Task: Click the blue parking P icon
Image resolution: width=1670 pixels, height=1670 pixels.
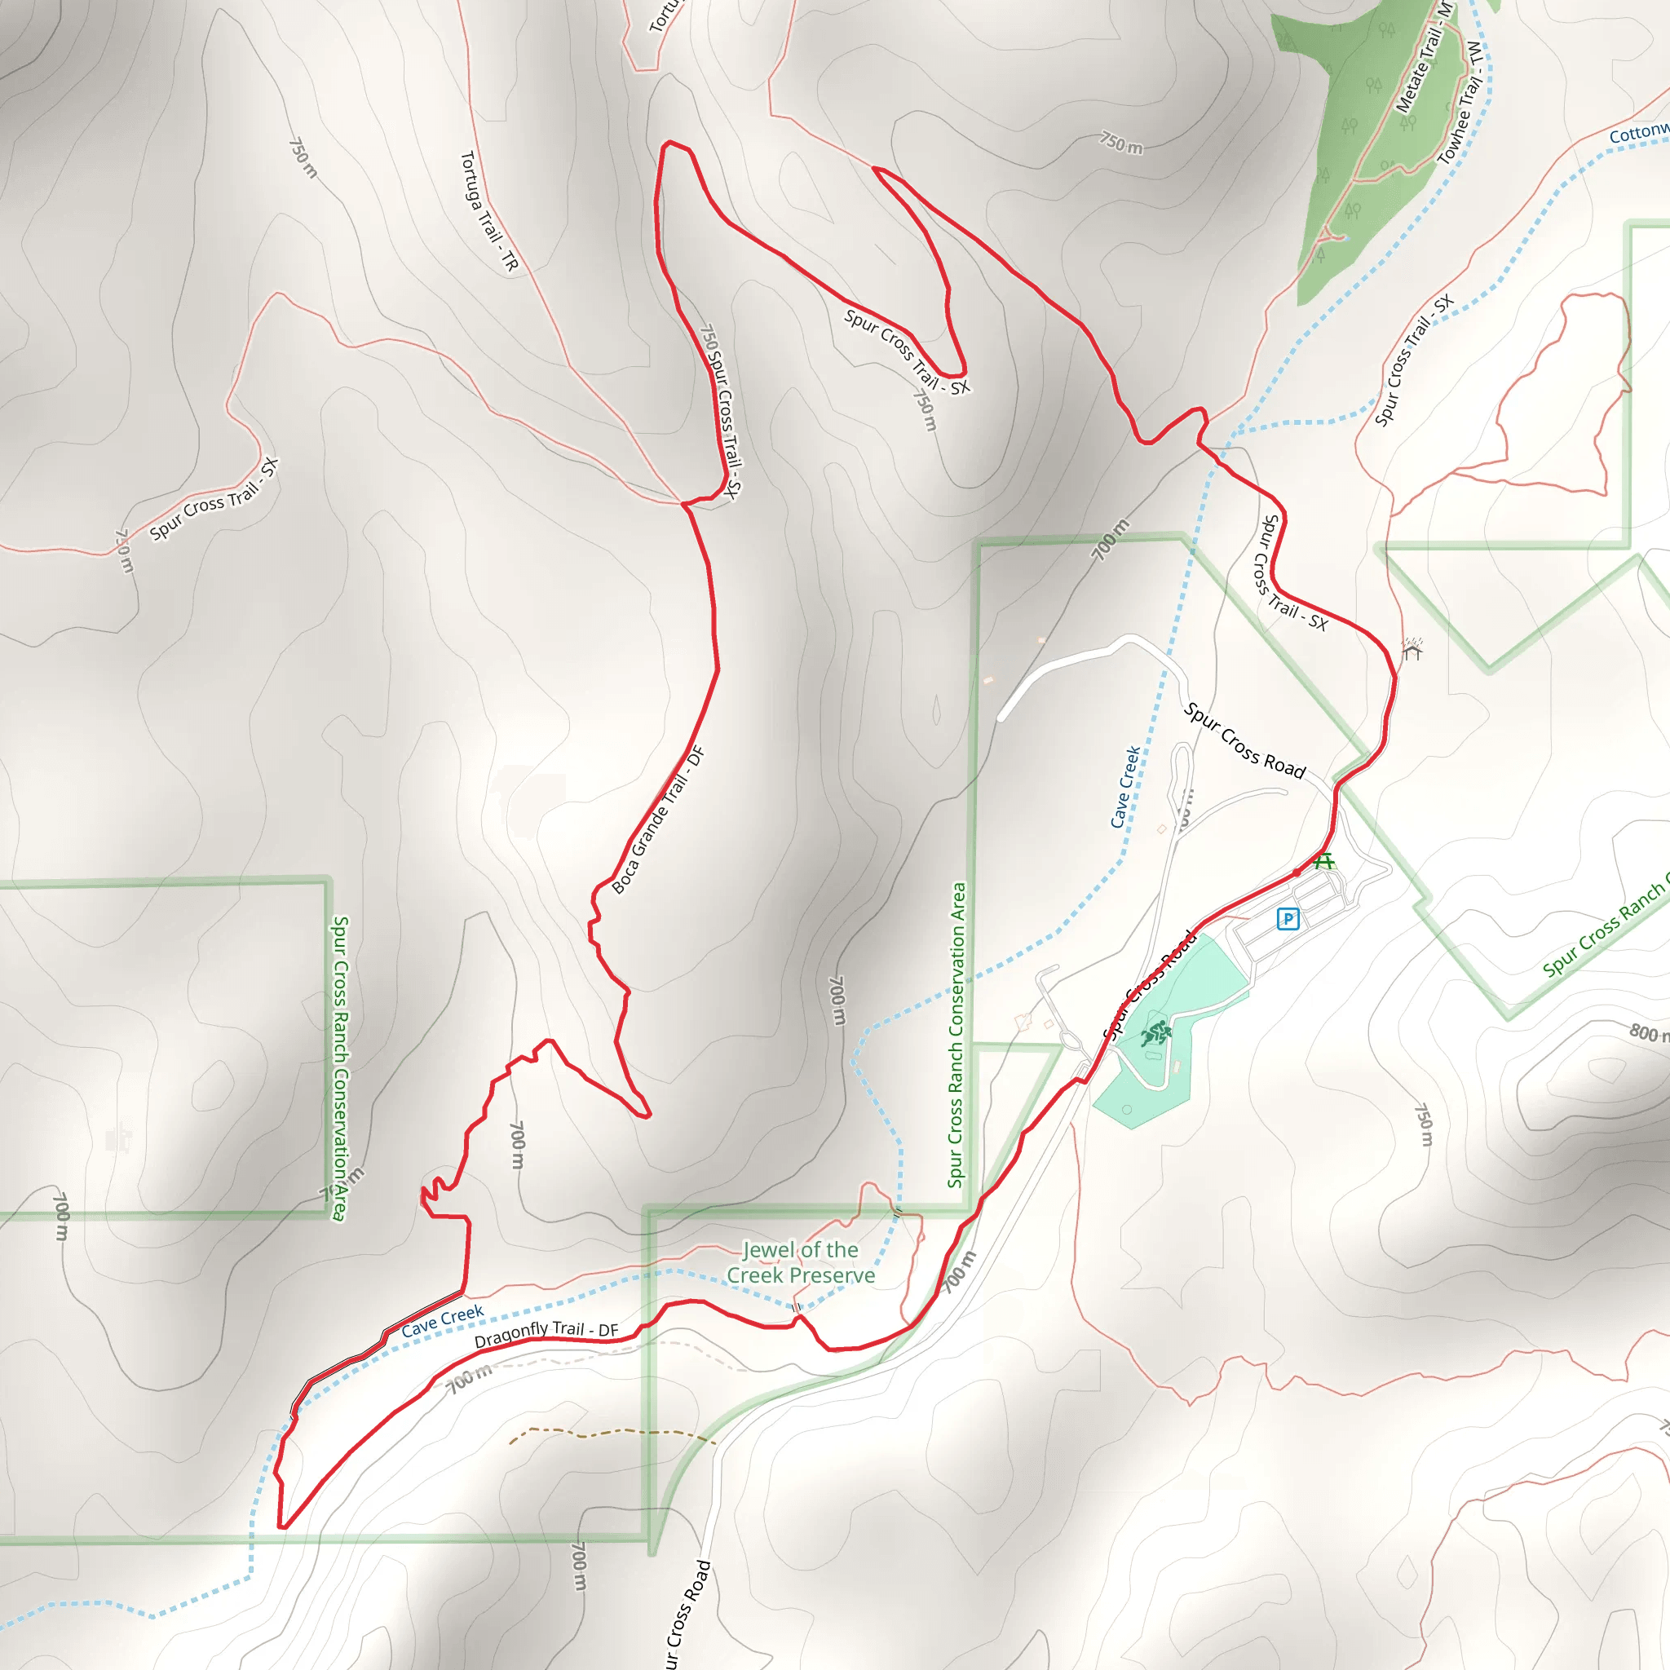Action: pyautogui.click(x=1288, y=919)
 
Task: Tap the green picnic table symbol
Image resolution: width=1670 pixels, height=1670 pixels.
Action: pyautogui.click(x=1324, y=861)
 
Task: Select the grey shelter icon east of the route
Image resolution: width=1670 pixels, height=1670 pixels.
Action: pyautogui.click(x=1412, y=648)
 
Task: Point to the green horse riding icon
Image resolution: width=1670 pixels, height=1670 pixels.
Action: pyautogui.click(x=1155, y=1034)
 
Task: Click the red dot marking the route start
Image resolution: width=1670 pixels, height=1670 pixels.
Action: pyautogui.click(x=1297, y=873)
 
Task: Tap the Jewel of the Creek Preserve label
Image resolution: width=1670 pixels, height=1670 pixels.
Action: pyautogui.click(x=801, y=1263)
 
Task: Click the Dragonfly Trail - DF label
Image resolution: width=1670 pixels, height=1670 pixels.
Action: pyautogui.click(x=546, y=1334)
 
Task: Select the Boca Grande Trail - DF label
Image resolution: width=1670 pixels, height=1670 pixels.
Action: pyautogui.click(x=659, y=820)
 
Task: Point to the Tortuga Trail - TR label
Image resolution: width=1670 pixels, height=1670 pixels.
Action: pyautogui.click(x=488, y=212)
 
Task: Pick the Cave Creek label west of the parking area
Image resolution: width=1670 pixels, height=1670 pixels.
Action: pyautogui.click(x=1124, y=787)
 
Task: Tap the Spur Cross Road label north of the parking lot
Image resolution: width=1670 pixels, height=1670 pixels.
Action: pyautogui.click(x=1244, y=740)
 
